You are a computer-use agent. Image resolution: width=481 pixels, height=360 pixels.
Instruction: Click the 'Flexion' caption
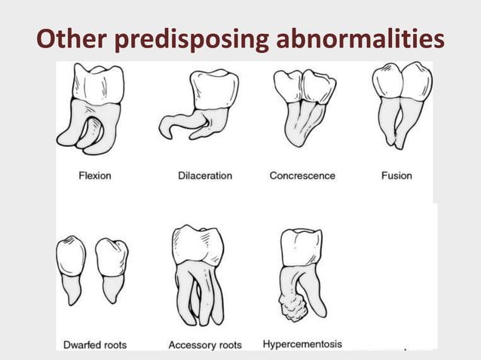[95, 175]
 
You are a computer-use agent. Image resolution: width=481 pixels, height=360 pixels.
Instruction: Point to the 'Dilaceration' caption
[205, 175]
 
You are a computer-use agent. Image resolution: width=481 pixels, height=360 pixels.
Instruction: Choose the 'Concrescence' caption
[302, 175]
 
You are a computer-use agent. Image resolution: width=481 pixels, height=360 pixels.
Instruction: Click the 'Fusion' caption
[397, 175]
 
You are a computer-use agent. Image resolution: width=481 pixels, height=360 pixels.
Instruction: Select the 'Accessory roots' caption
[205, 345]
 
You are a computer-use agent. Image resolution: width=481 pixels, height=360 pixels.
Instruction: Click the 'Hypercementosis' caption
[302, 344]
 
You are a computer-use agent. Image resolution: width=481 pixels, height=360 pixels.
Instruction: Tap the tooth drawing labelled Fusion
[402, 105]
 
